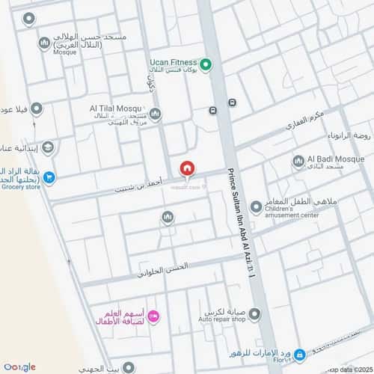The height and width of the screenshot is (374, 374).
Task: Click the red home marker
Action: click(x=186, y=168)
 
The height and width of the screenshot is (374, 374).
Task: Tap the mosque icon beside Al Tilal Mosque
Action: click(x=155, y=114)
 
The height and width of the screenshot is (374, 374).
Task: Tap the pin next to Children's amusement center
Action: click(x=256, y=206)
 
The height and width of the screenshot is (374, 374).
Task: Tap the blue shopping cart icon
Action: click(x=49, y=177)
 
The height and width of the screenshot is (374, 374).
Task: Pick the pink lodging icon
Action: click(x=153, y=316)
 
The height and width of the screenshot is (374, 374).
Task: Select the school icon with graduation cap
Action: click(x=48, y=147)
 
